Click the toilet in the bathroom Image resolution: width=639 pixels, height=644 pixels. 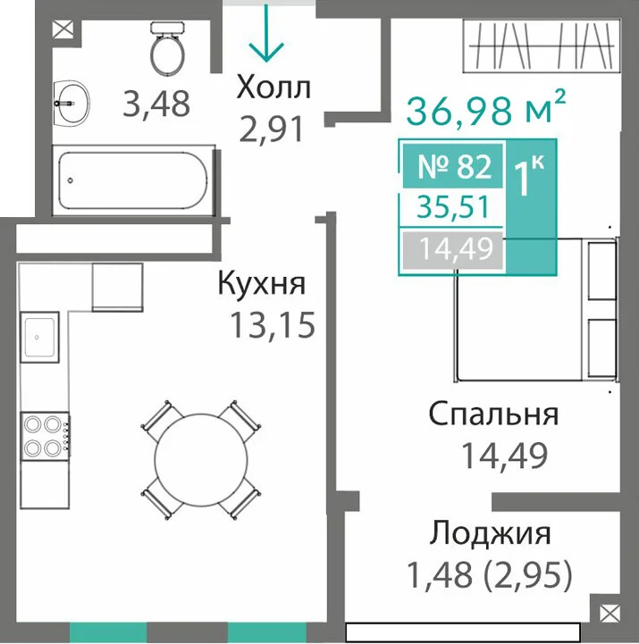pos(167,48)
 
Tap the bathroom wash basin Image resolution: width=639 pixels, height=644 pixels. pos(71,103)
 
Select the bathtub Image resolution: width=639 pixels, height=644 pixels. pos(133,180)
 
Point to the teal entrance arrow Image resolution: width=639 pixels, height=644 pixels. pos(266,33)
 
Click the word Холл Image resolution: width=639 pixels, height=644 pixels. pos(273,88)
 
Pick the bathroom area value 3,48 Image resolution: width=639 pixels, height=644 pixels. pos(156,104)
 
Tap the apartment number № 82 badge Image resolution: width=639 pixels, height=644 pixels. pos(453,166)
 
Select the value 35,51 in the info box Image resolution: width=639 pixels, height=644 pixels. pos(453,207)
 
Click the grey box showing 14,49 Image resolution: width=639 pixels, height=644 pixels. pos(453,250)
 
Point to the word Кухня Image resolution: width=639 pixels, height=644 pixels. pos(262,283)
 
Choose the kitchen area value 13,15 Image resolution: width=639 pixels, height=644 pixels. pos(273,324)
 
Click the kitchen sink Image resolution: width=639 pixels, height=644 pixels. pos(39,338)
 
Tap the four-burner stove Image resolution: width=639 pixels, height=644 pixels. pos(45,436)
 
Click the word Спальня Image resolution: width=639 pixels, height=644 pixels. pos(493,414)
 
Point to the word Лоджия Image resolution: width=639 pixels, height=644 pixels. pos(490,534)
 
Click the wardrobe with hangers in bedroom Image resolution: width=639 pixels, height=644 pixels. pos(542,46)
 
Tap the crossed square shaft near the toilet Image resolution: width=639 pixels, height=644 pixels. pos(63,29)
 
